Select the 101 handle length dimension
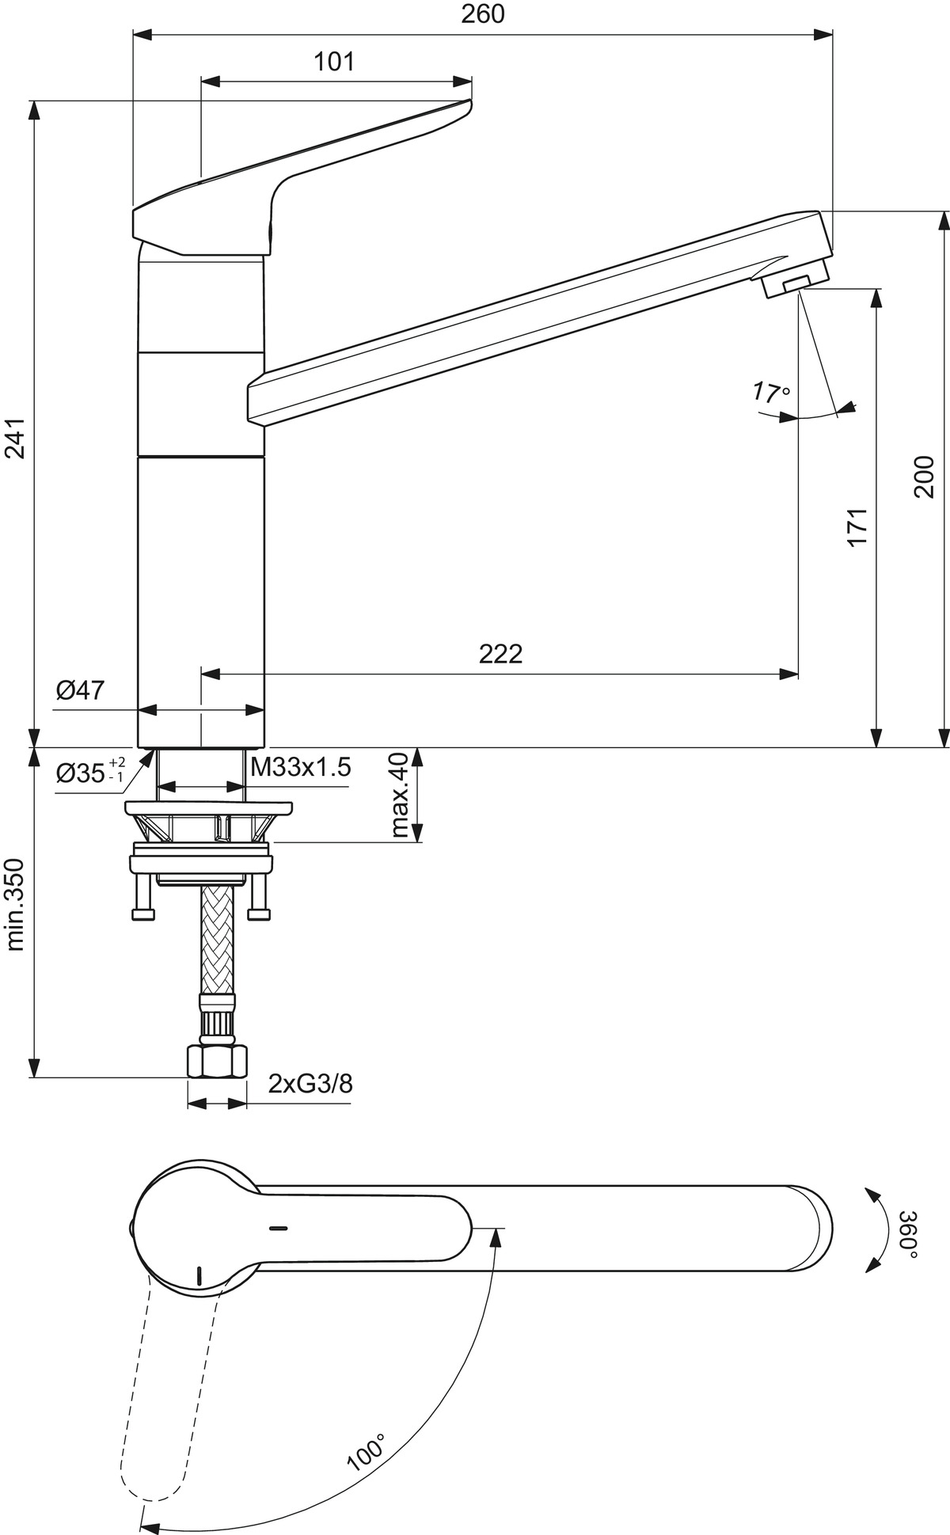tap(334, 62)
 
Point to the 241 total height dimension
tap(17, 438)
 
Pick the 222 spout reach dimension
tap(500, 654)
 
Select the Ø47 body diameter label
tap(80, 690)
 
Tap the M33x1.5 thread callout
tap(300, 767)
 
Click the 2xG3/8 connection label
tap(310, 1083)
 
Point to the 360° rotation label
tap(910, 1234)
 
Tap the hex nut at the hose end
tap(218, 1061)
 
